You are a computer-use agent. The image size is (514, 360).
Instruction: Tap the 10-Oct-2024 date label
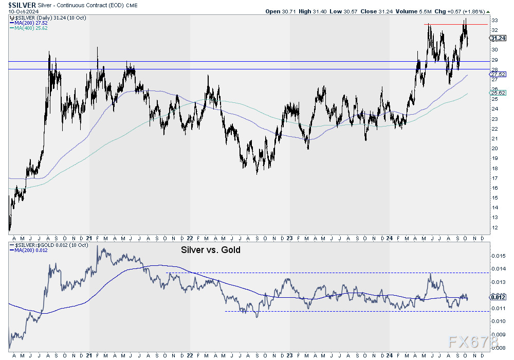tap(17, 11)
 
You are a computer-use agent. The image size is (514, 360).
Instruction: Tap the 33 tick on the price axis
tap(494, 20)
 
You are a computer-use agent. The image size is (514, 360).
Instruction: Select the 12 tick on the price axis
tap(494, 227)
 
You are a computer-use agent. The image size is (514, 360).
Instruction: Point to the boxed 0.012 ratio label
tap(498, 297)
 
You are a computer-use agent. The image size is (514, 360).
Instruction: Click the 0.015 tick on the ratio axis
tap(498, 256)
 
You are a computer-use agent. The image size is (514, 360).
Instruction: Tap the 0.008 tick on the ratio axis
tap(498, 347)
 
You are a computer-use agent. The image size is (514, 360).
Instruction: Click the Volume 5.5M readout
tap(410, 11)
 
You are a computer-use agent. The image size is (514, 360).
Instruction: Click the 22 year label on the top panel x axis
tap(190, 239)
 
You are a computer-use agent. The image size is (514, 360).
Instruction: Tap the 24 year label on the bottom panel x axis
tap(390, 355)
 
